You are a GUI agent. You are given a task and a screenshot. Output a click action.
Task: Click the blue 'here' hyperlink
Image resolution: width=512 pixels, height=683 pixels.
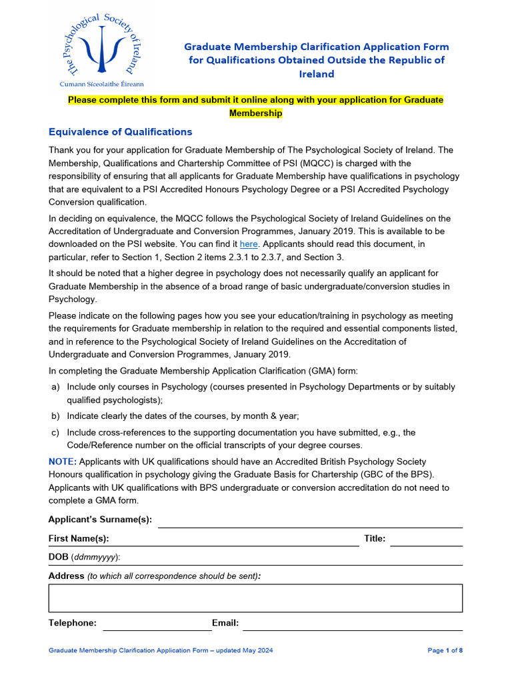248,244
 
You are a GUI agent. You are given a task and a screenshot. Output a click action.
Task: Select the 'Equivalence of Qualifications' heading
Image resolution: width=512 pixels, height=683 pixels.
120,131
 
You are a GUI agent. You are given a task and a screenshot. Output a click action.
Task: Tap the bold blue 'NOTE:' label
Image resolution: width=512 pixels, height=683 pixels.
63,462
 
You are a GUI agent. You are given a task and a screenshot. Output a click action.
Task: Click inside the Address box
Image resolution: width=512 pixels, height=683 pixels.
255,598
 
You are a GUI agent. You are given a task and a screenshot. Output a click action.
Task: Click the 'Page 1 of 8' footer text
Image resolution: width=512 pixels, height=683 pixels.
445,650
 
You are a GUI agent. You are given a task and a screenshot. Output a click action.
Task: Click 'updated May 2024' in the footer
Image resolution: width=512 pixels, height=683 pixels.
247,650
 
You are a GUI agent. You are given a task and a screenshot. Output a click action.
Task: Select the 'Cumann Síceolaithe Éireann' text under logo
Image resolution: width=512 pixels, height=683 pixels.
101,84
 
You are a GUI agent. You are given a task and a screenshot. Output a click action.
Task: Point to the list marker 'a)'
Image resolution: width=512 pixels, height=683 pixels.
55,388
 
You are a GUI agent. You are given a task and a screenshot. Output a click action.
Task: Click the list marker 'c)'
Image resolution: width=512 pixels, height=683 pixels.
55,432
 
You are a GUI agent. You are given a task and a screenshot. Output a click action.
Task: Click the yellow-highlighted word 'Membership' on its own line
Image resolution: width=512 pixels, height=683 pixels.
255,113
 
